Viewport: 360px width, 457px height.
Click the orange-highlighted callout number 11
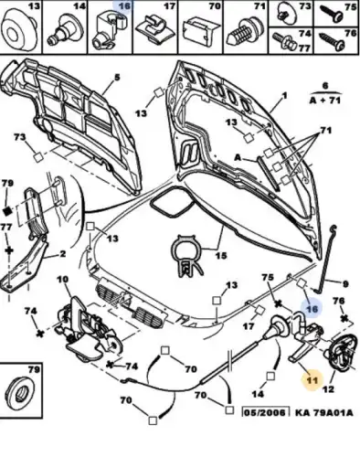[x=312, y=379]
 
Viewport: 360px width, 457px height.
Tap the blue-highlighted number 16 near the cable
[x=312, y=309]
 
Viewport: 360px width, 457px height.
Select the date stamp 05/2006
[x=265, y=412]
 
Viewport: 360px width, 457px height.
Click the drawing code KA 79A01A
[x=324, y=412]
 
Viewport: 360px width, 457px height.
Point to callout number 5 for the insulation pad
[x=117, y=77]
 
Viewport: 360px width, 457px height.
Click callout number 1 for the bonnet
[x=284, y=96]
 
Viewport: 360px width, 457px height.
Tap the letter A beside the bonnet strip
[x=238, y=157]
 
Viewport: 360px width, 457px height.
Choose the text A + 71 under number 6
[x=325, y=100]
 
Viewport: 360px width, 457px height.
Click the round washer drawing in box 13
[x=19, y=30]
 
